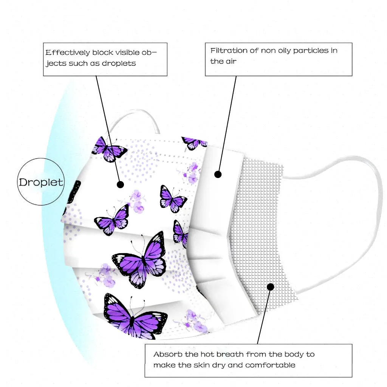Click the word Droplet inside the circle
point(41,182)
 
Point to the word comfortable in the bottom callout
point(270,365)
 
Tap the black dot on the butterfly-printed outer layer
point(121,184)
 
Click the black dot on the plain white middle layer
point(218,174)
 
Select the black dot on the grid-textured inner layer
point(270,287)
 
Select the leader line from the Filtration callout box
point(228,121)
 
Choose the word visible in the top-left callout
point(124,53)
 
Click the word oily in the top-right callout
point(282,51)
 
